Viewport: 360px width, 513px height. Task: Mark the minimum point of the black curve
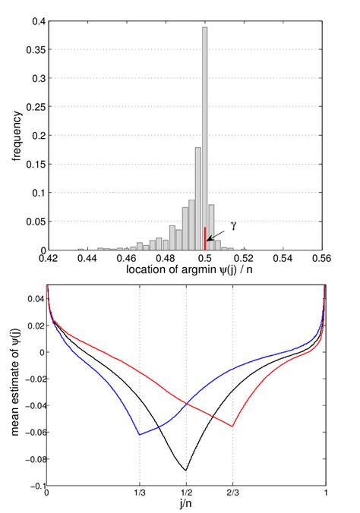186,471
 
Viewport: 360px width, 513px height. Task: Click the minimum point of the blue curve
140,435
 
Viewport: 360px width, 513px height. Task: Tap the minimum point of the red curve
232,426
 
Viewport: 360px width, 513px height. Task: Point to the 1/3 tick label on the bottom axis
140,492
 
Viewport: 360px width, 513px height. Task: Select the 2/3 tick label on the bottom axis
232,492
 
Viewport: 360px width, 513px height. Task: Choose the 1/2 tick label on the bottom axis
186,492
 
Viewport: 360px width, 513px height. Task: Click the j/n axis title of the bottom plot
186,505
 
